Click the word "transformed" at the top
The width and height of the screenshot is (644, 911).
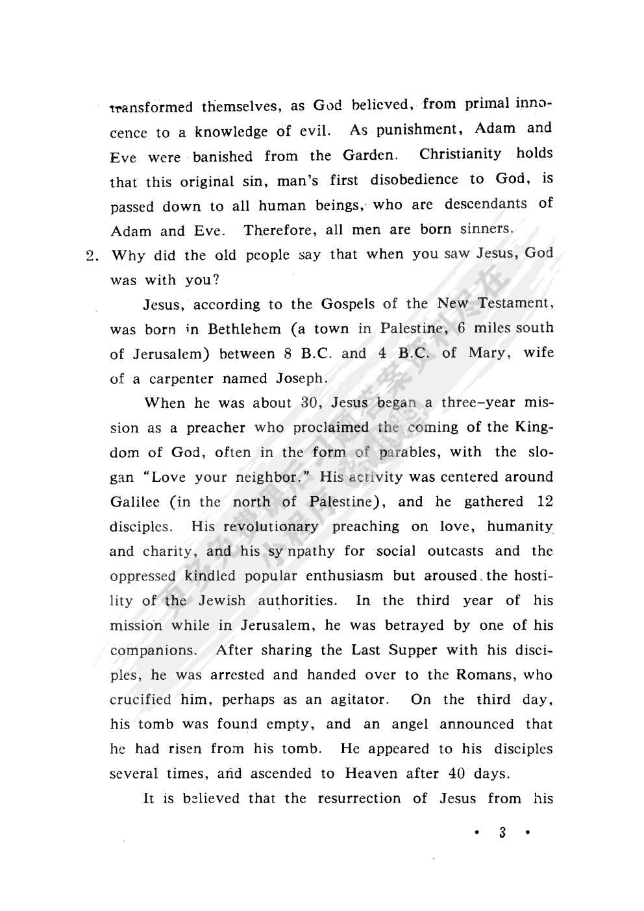pyautogui.click(x=151, y=106)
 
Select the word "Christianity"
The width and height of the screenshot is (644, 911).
pyautogui.click(x=460, y=154)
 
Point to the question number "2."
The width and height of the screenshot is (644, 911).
pyautogui.click(x=95, y=255)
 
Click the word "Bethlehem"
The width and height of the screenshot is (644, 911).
pyautogui.click(x=245, y=329)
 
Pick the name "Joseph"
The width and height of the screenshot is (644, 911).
pyautogui.click(x=300, y=379)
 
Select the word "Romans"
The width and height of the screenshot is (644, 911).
pyautogui.click(x=484, y=675)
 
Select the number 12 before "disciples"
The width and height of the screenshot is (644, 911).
pyautogui.click(x=545, y=502)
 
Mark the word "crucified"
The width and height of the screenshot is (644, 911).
pyautogui.click(x=141, y=700)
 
